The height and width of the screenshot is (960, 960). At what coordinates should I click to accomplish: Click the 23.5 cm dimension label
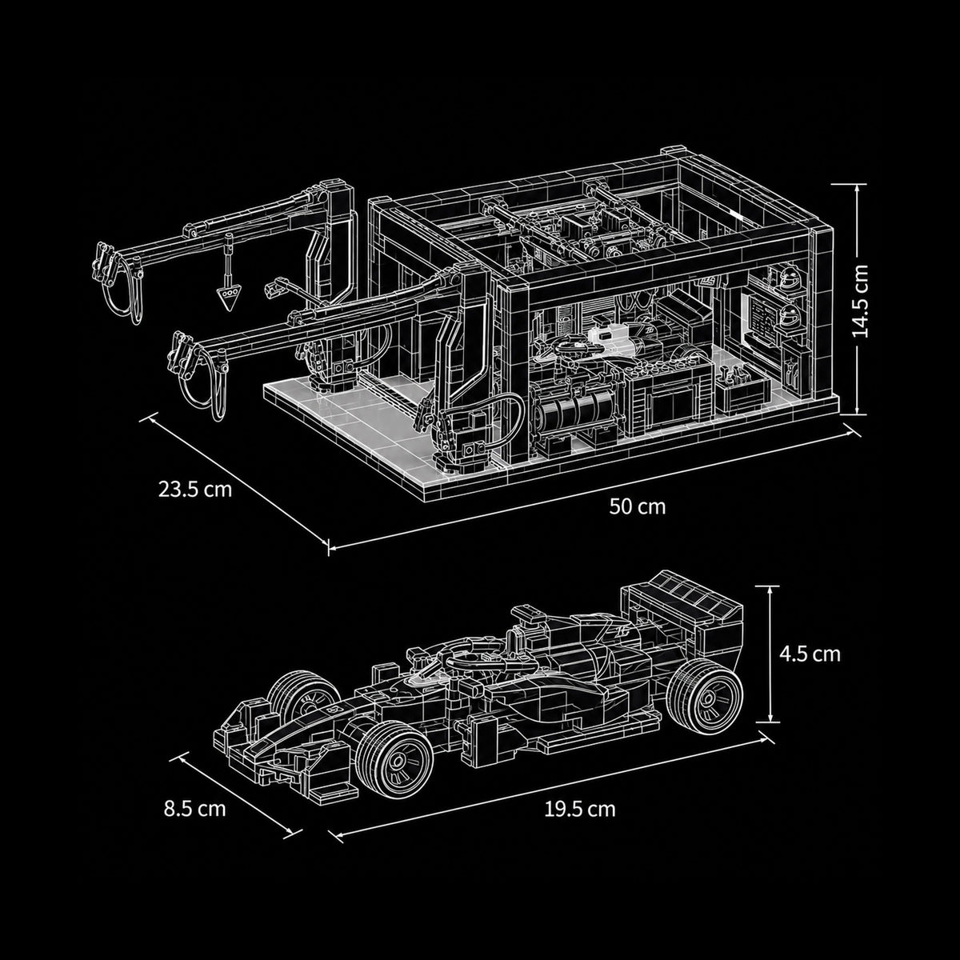[194, 490]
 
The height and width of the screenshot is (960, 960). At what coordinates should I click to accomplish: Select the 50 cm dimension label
[637, 506]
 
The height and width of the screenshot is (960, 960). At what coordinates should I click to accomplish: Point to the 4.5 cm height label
[810, 654]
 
